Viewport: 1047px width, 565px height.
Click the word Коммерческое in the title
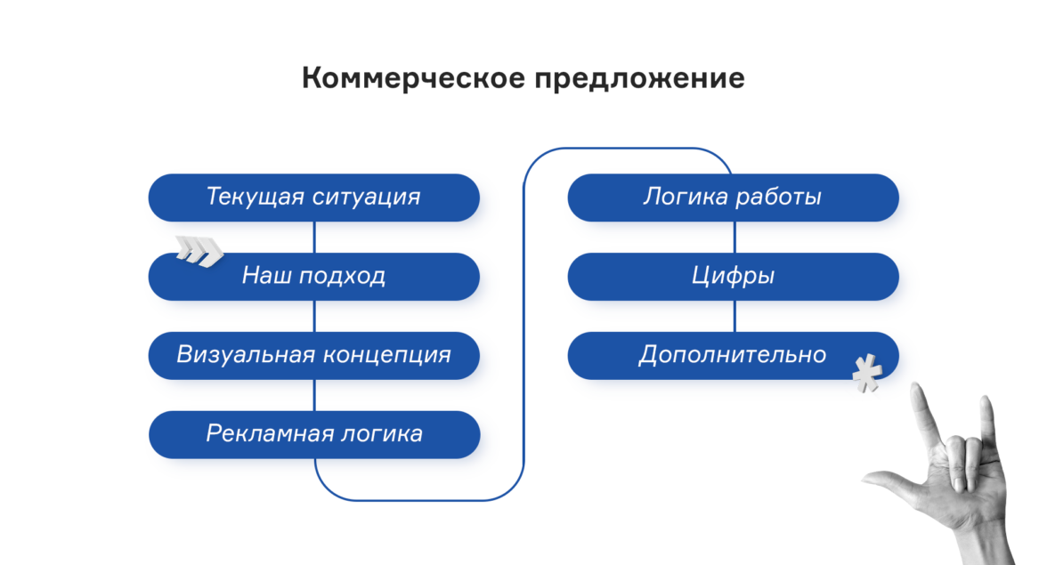click(x=413, y=78)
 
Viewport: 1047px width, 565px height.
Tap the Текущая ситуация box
click(x=313, y=198)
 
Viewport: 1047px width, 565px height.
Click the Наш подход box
click(x=313, y=276)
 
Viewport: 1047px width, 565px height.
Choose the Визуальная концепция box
click(x=313, y=356)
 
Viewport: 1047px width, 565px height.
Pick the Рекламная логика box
click(x=313, y=434)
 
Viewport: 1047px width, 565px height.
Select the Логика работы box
click(x=734, y=198)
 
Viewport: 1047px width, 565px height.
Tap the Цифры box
click(x=734, y=276)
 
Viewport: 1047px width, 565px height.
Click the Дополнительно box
click(x=734, y=356)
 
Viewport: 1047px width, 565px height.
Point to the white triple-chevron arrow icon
click(x=199, y=251)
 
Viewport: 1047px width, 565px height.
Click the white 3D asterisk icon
click(x=867, y=374)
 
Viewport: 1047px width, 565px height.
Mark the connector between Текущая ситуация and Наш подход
click(x=314, y=237)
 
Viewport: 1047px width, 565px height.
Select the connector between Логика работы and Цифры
click(x=735, y=237)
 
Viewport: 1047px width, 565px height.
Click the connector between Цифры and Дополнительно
click(x=735, y=316)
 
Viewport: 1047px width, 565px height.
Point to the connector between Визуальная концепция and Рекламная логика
click(x=314, y=395)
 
